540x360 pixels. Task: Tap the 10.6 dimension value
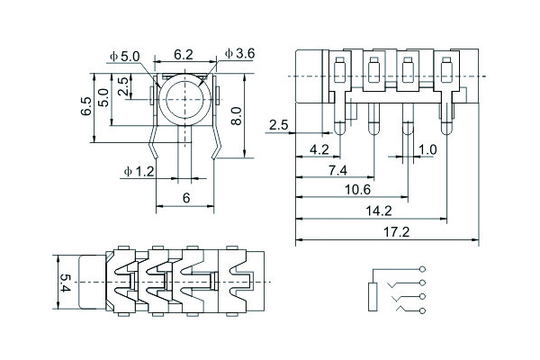click(357, 189)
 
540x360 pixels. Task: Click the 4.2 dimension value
click(319, 148)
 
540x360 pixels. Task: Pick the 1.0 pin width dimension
click(427, 148)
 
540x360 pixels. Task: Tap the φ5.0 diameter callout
click(124, 56)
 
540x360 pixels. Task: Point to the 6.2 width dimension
click(183, 55)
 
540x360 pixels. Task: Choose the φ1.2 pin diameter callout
click(139, 169)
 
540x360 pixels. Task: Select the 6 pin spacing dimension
click(186, 196)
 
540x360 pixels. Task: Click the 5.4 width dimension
click(64, 282)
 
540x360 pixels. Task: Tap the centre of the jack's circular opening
click(184, 97)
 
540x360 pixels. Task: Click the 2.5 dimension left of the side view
click(277, 125)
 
